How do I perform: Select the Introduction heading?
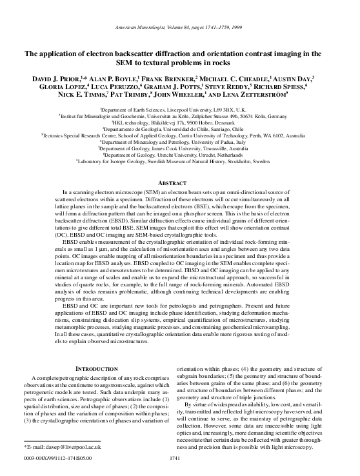point(92,368)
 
